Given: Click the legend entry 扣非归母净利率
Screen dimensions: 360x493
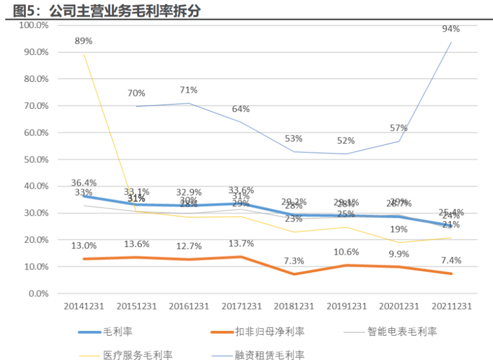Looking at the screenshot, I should click(x=270, y=332).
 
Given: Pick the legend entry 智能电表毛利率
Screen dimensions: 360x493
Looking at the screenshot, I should click(x=402, y=332).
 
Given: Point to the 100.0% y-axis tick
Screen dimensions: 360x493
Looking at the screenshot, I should click(x=33, y=25).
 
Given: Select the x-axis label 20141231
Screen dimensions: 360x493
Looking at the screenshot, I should click(x=84, y=306).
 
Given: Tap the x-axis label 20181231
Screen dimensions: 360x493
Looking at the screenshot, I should click(x=294, y=306).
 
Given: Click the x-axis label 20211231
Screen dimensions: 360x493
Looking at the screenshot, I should click(x=451, y=306).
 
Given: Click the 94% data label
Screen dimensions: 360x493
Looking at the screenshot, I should click(x=451, y=29).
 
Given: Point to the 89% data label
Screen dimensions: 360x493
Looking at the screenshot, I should click(x=84, y=41).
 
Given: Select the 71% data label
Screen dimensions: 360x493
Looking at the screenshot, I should click(x=189, y=90).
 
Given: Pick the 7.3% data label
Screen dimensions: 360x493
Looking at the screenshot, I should click(x=294, y=261).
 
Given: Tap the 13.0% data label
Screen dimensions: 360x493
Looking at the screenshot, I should click(x=84, y=245).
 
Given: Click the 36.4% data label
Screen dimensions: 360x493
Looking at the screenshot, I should click(x=84, y=183).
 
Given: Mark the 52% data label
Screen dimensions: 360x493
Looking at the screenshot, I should click(x=346, y=141).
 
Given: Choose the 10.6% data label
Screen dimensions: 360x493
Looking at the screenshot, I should click(x=346, y=251).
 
